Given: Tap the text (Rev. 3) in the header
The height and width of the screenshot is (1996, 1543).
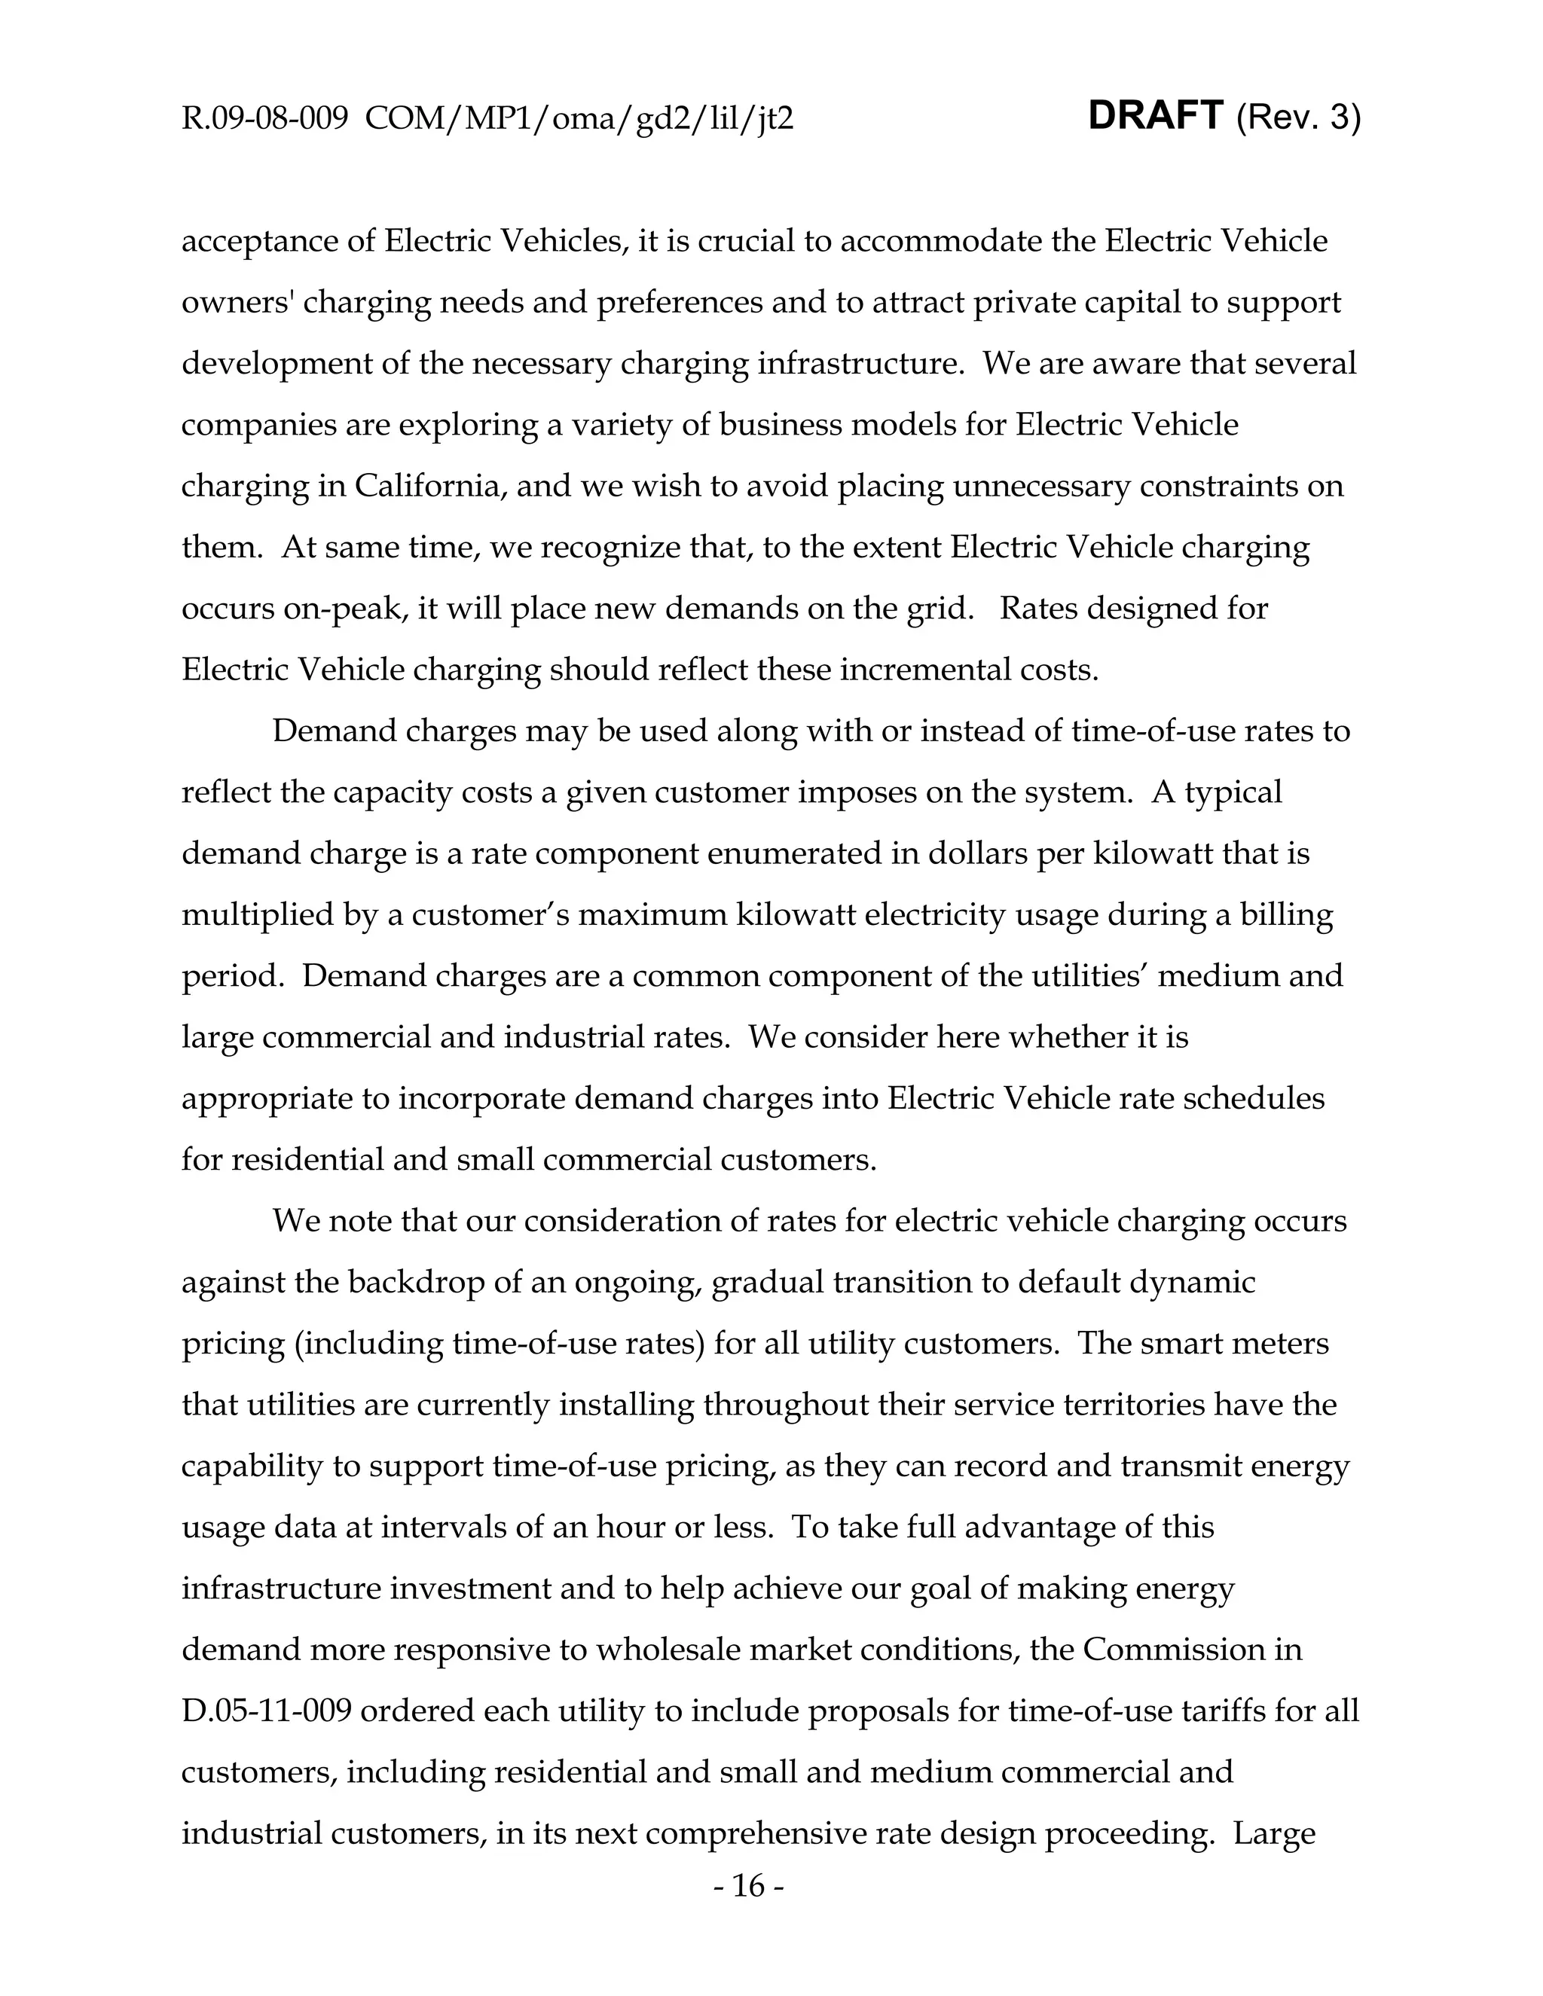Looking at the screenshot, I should coord(1298,119).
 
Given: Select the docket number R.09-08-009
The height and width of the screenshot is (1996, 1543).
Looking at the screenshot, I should coord(265,119).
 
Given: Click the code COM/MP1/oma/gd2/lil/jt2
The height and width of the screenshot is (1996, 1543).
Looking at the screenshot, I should coord(579,119).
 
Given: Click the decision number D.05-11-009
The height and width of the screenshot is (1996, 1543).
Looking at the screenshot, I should coord(266,1711).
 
